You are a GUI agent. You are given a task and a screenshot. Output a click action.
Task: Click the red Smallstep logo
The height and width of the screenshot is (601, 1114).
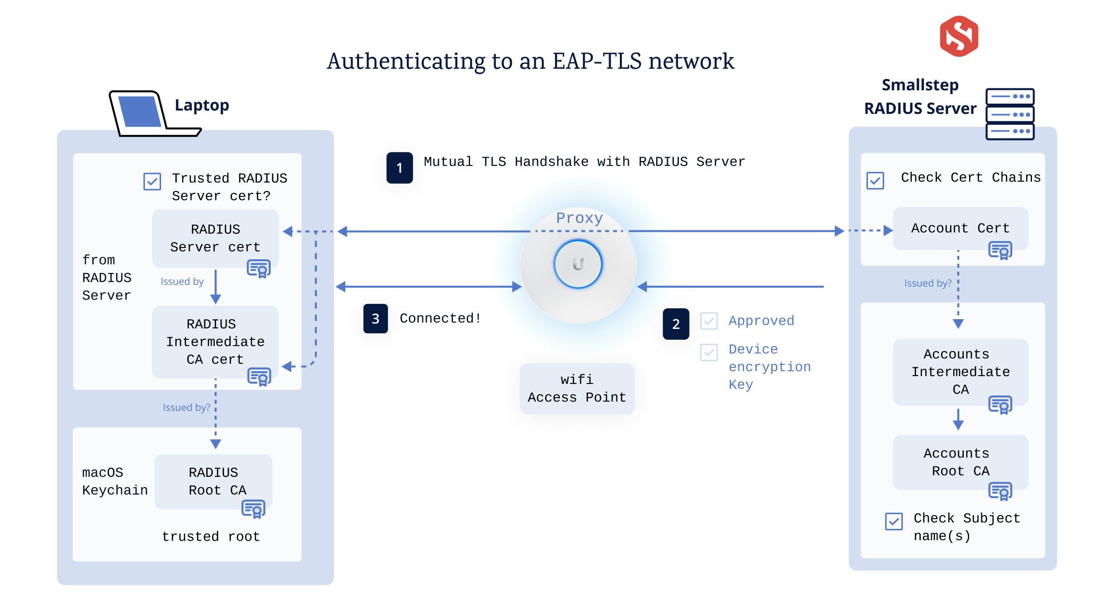(959, 36)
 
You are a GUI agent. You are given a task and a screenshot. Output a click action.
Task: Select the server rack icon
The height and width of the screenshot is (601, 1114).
(1010, 114)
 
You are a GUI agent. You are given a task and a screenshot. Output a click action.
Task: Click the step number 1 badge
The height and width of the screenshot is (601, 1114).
(399, 168)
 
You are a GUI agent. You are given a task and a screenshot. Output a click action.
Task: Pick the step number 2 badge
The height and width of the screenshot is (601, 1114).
(676, 324)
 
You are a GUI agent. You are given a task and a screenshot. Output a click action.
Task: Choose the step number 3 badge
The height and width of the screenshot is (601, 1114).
(375, 319)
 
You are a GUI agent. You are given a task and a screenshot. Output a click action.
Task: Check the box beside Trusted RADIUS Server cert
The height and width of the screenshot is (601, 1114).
(152, 181)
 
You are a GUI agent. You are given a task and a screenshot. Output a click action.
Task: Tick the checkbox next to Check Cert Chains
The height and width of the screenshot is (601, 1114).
(875, 180)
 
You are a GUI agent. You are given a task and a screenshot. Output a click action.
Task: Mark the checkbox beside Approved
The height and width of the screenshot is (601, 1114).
(709, 321)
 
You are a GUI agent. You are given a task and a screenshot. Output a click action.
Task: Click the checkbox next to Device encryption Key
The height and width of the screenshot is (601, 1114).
(709, 352)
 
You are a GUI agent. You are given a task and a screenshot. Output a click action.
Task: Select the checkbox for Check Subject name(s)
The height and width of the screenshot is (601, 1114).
(893, 521)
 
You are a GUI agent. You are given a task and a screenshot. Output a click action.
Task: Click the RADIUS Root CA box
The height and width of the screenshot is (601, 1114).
(213, 481)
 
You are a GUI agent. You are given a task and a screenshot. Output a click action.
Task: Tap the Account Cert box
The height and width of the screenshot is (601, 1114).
(960, 228)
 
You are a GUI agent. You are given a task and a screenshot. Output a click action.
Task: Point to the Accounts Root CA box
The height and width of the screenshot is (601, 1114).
(960, 462)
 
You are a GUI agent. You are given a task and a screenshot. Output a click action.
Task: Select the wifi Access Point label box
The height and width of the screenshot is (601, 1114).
(577, 388)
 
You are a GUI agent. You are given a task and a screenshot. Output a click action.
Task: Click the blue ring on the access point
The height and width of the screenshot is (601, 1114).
(578, 264)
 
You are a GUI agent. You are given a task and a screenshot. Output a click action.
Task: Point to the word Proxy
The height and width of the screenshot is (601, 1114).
(579, 218)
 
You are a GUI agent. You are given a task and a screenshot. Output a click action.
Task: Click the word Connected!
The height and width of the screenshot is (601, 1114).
(440, 319)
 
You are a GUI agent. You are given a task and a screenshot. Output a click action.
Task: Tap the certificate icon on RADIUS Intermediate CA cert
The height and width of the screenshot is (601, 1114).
(259, 377)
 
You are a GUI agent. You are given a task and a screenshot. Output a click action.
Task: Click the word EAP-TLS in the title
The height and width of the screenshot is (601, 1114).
(597, 61)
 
